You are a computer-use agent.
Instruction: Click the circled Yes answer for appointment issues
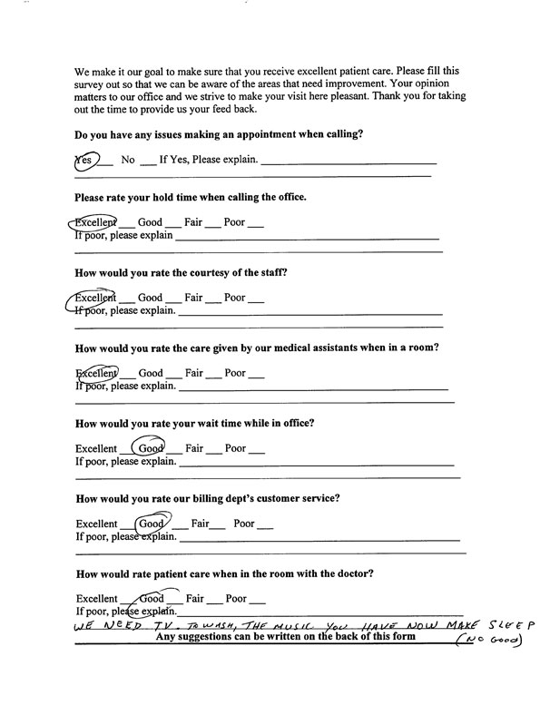pos(84,161)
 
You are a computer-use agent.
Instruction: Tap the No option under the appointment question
pos(128,161)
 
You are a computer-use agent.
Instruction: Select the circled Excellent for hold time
pos(94,222)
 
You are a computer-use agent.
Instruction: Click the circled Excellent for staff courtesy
pos(95,297)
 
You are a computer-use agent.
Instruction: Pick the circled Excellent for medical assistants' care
pos(95,373)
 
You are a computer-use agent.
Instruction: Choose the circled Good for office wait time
pos(150,448)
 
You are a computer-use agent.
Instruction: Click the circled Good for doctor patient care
pos(151,599)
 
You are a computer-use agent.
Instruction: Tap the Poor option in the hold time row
pos(235,222)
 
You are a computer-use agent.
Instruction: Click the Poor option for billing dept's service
pos(245,524)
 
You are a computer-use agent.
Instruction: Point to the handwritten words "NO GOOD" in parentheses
pos(492,642)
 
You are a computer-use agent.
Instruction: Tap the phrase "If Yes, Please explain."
pos(209,161)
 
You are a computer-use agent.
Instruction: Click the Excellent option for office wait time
pos(96,448)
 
